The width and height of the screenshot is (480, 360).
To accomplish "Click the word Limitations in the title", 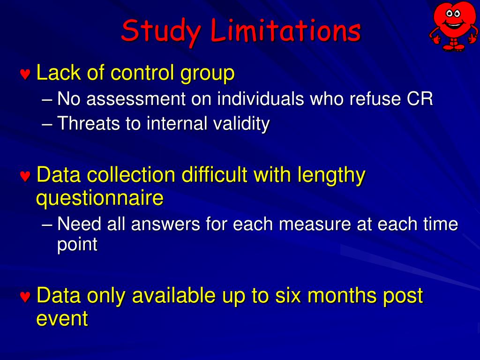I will coord(286,31).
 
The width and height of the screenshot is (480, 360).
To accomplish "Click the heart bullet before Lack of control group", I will coord(25,75).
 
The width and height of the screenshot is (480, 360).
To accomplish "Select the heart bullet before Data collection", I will coord(25,177).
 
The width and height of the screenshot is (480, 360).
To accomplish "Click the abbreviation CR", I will coord(420,99).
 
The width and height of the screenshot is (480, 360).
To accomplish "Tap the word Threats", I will coord(88,124).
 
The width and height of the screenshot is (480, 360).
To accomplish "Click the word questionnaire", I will coord(100,198).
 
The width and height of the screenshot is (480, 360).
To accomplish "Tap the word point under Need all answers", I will coord(77,245).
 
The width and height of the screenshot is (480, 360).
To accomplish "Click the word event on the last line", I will coord(62,319).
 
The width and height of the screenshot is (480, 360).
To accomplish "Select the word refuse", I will coord(375,99).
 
